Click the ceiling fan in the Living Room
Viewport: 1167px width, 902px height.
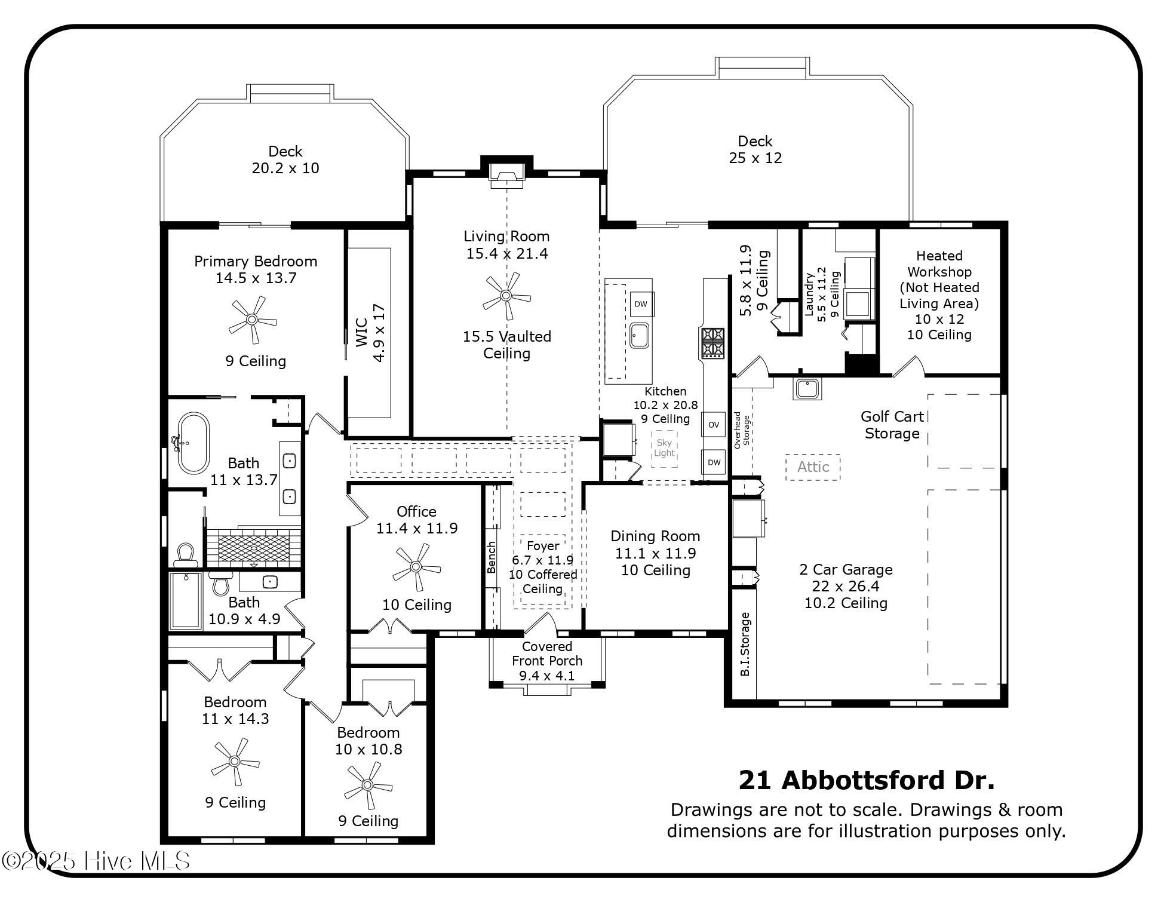click(506, 295)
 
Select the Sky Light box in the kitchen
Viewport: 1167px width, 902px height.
click(664, 448)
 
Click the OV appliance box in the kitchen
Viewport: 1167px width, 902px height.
click(714, 425)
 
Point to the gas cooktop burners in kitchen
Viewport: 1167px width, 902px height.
click(713, 343)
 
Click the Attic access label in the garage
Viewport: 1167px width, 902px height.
click(813, 467)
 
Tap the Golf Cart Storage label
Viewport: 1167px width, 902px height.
click(892, 425)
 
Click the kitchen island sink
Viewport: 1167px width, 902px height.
click(640, 335)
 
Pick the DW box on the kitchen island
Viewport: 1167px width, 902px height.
click(641, 304)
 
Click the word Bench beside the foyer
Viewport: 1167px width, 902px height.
click(492, 557)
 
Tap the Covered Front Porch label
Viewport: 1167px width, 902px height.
click(547, 661)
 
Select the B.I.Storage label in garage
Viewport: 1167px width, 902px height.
click(745, 644)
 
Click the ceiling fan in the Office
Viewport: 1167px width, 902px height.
click(416, 566)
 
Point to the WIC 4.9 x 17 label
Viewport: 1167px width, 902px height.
click(370, 333)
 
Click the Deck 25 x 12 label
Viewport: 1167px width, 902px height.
click(755, 149)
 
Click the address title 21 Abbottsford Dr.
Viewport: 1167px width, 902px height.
click(867, 780)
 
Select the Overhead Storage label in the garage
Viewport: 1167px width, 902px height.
click(742, 430)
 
